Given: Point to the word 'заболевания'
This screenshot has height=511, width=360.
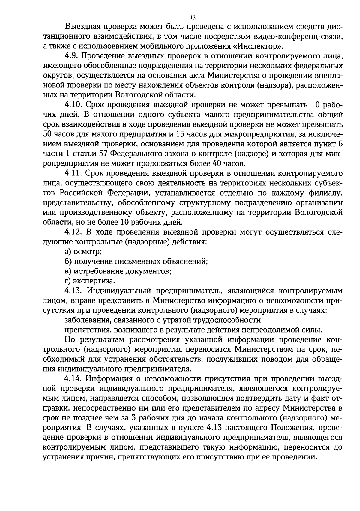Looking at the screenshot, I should click(87, 320).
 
